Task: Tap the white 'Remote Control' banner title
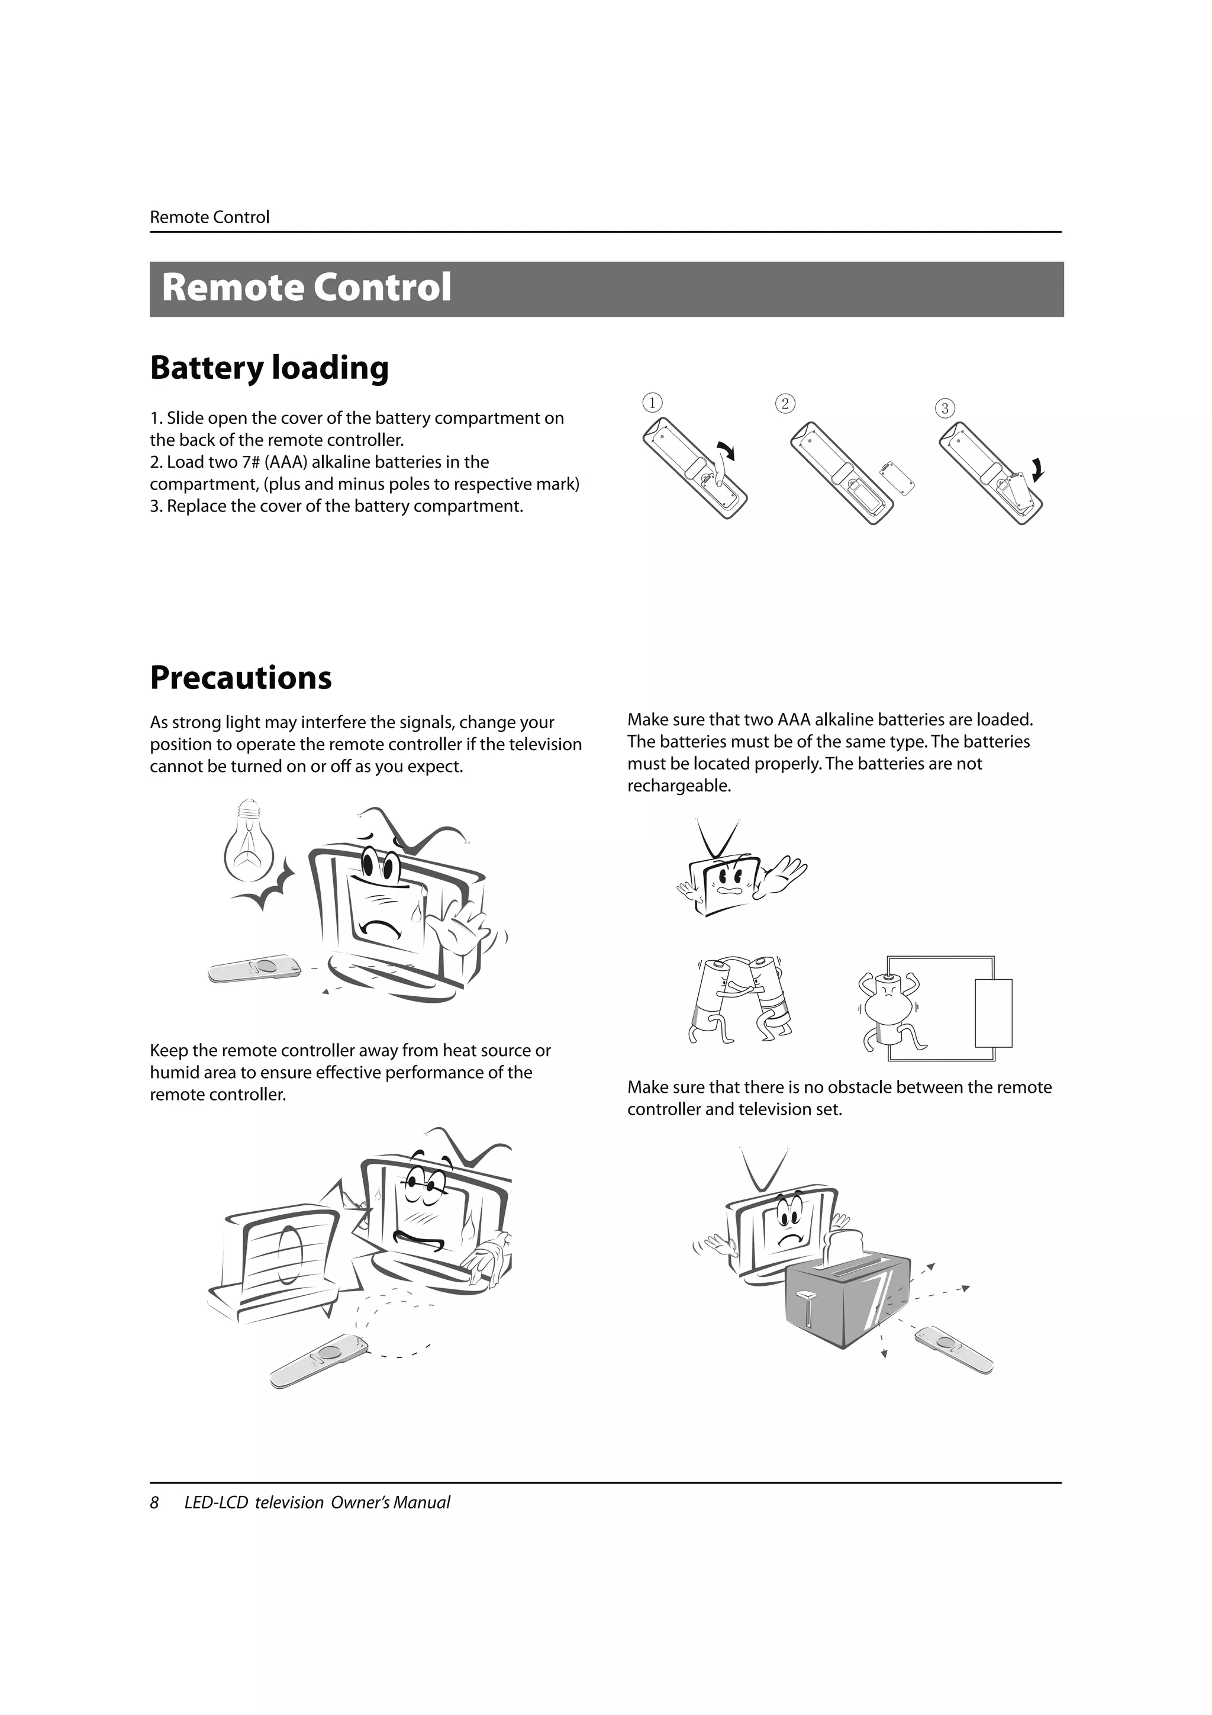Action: click(306, 288)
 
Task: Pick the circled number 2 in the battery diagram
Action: click(784, 403)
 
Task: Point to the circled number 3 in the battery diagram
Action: click(944, 408)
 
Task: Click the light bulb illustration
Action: click(248, 844)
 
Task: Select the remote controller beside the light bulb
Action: click(256, 969)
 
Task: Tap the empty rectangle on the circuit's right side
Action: click(993, 1013)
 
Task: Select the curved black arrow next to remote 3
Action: click(1038, 469)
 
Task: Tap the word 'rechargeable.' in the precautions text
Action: click(679, 786)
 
